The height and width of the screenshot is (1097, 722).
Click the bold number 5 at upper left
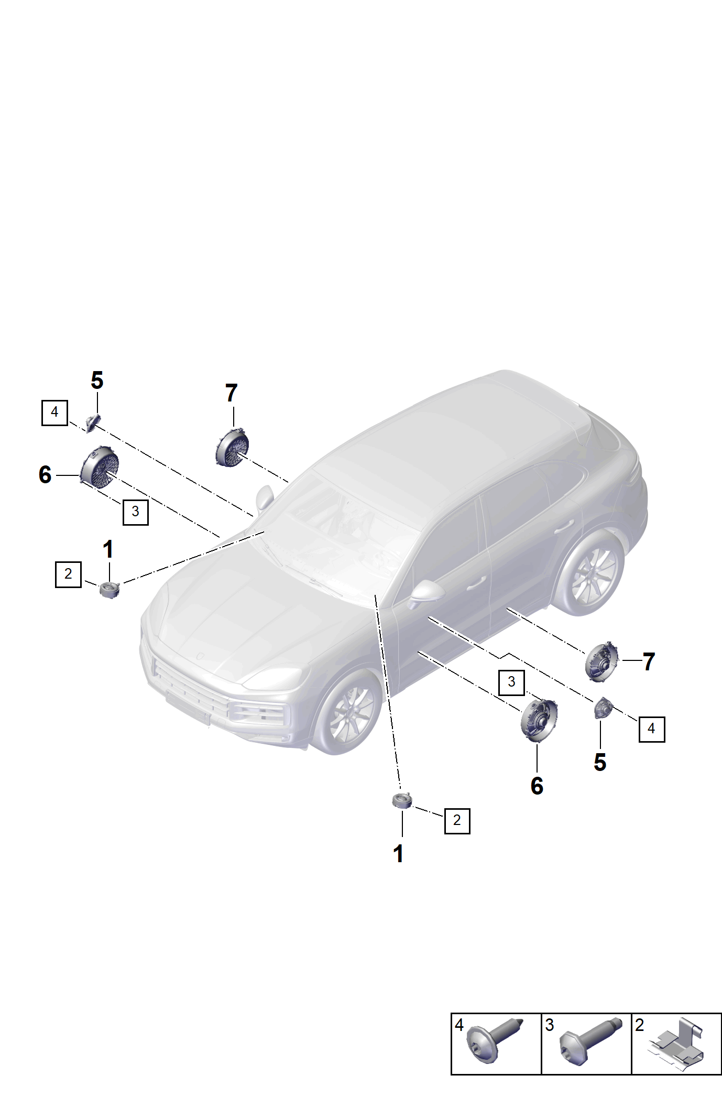[97, 381]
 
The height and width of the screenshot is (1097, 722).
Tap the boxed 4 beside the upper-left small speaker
[54, 412]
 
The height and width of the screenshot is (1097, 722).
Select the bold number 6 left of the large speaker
[45, 475]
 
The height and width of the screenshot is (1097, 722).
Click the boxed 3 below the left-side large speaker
[135, 512]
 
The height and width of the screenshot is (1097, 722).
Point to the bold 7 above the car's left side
[231, 393]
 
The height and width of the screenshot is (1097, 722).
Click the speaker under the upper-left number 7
[232, 448]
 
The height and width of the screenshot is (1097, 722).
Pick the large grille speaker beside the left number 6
[100, 464]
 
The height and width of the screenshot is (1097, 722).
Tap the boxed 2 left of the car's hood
[68, 574]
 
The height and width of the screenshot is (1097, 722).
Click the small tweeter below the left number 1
[110, 590]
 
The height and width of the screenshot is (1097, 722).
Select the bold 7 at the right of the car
[649, 662]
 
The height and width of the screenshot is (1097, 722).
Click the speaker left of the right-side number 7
[601, 661]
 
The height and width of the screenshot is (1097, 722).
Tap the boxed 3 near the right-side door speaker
[511, 682]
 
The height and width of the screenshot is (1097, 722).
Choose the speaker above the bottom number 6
[539, 720]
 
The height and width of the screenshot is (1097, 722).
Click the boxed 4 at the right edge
[651, 729]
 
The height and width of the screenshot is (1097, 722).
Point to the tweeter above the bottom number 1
[402, 801]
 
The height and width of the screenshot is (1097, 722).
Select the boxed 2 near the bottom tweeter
[457, 820]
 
